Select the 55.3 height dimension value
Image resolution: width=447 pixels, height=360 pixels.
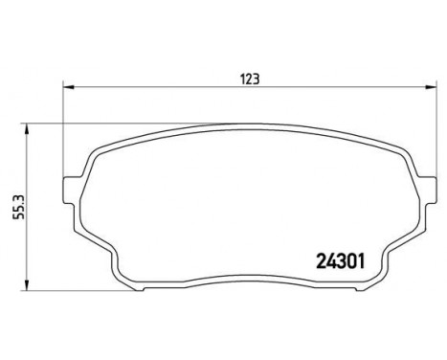point(19,208)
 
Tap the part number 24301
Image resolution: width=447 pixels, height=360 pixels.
point(340,262)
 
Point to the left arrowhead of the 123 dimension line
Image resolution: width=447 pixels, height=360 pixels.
point(69,87)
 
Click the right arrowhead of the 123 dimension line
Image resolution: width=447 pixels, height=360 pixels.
point(431,87)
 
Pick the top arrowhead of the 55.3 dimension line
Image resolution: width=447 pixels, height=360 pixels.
point(27,129)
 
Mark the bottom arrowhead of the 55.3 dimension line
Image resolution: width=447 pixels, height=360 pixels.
point(27,285)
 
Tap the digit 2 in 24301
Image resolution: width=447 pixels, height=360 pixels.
point(321,262)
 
